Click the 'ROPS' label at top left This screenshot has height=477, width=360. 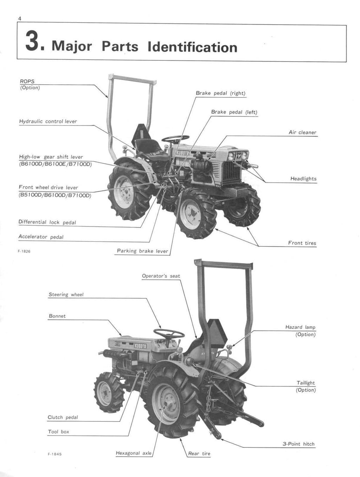click(x=27, y=82)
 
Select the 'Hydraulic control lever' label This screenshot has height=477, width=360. click(x=48, y=122)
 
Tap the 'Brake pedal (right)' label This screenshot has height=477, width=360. click(x=220, y=94)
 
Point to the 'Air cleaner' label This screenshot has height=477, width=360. click(x=302, y=133)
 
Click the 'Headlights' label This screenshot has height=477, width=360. click(x=303, y=179)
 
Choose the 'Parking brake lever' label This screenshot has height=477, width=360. click(x=142, y=251)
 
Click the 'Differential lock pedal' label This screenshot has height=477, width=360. click(x=47, y=222)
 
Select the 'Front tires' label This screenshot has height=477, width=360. click(x=302, y=243)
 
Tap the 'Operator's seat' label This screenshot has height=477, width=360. click(x=161, y=276)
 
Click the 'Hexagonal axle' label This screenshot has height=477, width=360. click(x=134, y=453)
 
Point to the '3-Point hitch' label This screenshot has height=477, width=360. click(x=298, y=444)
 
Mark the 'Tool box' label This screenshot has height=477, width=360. click(x=58, y=432)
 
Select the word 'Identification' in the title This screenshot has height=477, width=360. click(x=192, y=47)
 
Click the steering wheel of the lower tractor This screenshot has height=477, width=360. click(x=169, y=333)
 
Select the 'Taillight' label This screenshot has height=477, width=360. click(x=306, y=383)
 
